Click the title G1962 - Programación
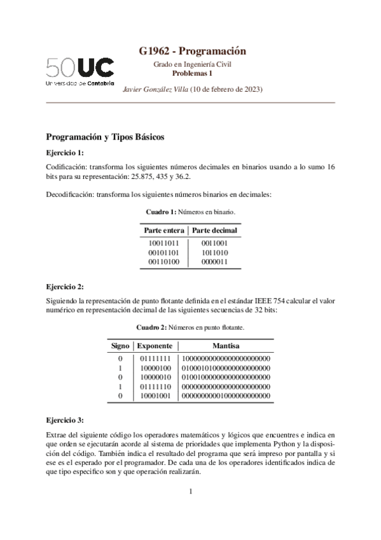coord(192,51)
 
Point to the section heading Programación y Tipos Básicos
coord(105,137)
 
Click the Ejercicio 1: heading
coord(65,153)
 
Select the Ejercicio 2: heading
coord(65,287)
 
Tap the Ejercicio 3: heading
coord(65,420)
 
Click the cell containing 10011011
coord(163,243)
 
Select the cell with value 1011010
coord(214,252)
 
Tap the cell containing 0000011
coord(214,262)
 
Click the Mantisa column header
coord(226,346)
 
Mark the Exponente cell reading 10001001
coord(156,396)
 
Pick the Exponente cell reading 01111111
coord(156,359)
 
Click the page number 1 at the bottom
coord(190,491)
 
